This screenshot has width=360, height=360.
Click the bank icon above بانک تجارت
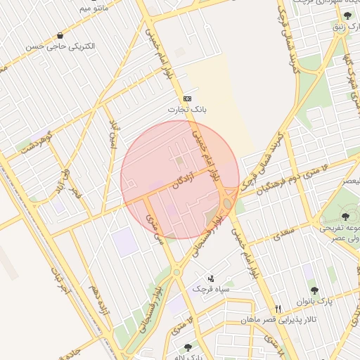click(186, 98)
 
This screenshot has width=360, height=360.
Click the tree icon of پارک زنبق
click(348, 15)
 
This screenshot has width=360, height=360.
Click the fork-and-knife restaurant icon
click(279, 308)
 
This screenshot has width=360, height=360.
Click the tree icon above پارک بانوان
click(314, 289)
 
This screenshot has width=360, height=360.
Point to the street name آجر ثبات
click(60, 280)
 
